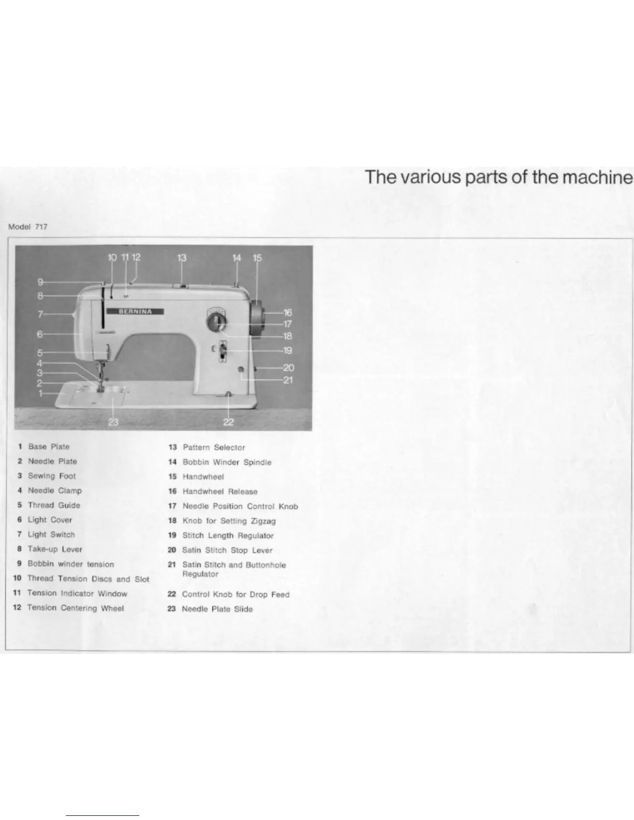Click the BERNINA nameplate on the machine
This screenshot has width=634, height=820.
point(136,311)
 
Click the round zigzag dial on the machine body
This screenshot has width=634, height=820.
point(217,324)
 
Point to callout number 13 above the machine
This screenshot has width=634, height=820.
point(182,258)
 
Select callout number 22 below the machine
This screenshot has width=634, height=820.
point(228,422)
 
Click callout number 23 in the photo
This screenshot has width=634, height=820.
point(113,422)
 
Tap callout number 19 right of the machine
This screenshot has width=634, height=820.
point(287,350)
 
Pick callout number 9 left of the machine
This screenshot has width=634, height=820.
point(40,282)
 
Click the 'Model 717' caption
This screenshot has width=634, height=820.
point(28,227)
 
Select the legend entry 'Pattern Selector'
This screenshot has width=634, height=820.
point(213,447)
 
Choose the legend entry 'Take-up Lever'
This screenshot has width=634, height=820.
point(55,549)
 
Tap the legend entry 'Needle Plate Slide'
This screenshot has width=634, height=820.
point(217,609)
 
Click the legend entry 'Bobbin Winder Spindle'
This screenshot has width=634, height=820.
point(227,462)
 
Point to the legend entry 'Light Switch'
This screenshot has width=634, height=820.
point(51,535)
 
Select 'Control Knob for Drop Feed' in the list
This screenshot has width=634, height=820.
point(236,595)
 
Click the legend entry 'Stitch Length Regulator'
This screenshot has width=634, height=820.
point(228,536)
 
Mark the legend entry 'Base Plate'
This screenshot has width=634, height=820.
point(49,447)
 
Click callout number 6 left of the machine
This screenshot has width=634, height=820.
point(40,335)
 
